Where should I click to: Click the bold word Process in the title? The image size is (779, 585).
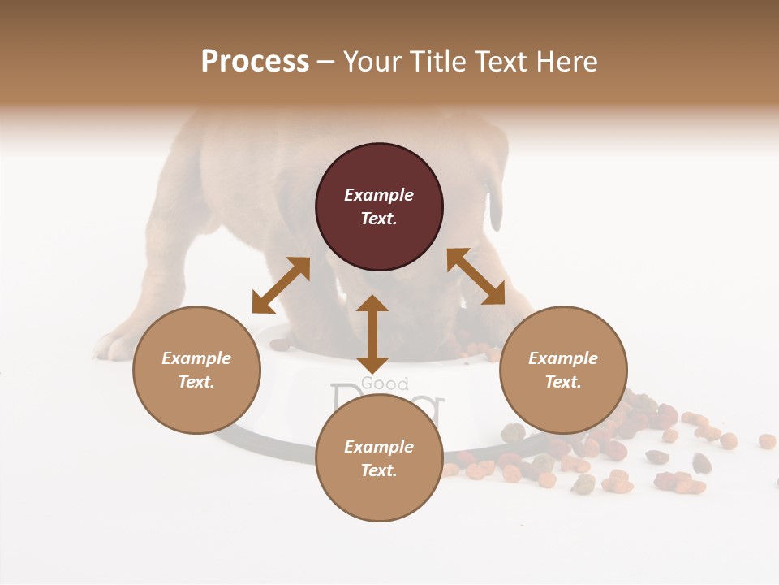coord(255,62)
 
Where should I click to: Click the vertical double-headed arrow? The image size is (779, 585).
coord(372,335)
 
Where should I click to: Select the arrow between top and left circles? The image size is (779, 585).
coord(281,285)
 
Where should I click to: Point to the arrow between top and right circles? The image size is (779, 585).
coord(476,276)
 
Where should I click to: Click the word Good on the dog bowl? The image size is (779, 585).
coord(385,383)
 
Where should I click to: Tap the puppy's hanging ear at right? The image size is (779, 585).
coord(495,207)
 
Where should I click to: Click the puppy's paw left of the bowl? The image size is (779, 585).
coord(114,345)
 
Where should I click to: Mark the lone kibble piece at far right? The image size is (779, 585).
coord(767,441)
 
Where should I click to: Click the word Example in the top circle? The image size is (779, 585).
coord(379,195)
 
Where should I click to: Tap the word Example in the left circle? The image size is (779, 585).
coord(196,358)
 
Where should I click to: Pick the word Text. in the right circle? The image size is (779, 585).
coord(563,382)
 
